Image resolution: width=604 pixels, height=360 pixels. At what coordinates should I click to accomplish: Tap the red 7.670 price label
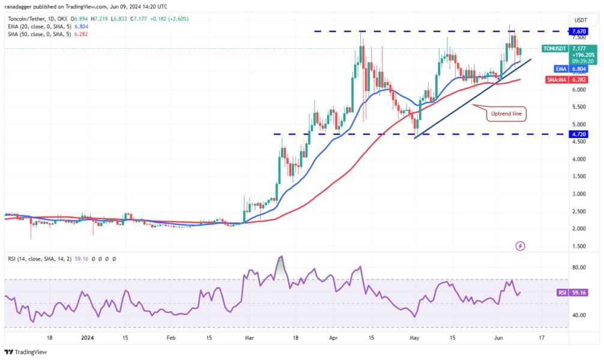click(579, 31)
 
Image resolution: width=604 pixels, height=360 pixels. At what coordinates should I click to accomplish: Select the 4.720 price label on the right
click(579, 134)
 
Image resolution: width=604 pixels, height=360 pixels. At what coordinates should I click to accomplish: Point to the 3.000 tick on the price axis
click(579, 194)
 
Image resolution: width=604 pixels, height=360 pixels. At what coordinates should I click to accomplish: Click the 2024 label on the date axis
click(86, 338)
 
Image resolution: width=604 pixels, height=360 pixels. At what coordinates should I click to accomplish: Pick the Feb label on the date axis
click(171, 338)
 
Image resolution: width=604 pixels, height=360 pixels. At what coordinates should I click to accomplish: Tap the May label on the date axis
click(415, 338)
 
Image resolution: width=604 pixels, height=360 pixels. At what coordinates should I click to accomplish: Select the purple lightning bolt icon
click(520, 246)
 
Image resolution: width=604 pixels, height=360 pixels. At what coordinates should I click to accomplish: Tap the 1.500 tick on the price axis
click(579, 246)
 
